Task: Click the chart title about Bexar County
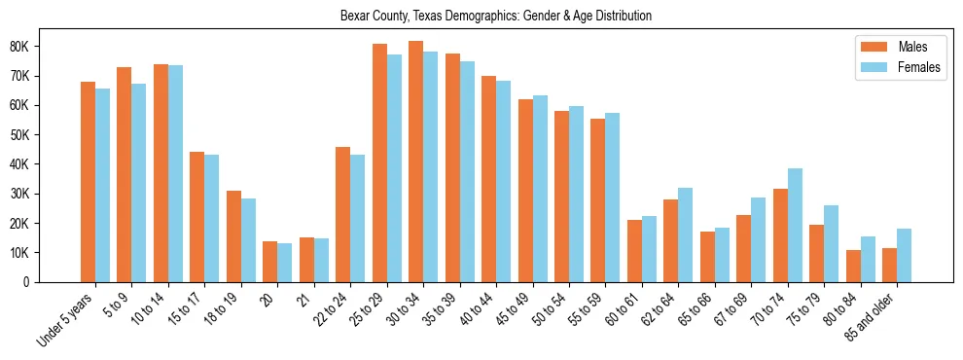tap(496, 17)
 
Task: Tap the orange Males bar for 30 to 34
tap(415, 162)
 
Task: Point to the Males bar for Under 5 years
tap(88, 182)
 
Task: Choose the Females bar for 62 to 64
tap(685, 234)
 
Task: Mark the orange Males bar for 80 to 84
tap(853, 266)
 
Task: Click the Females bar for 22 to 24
tap(357, 218)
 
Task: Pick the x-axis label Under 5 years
tap(67, 315)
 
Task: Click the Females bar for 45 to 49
tap(540, 189)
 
